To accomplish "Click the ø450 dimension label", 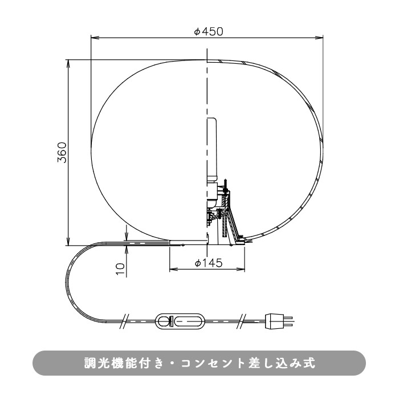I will point(207,31).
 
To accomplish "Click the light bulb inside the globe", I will point(211,149).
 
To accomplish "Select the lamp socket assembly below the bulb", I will point(219,211).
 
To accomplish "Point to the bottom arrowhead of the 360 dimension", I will point(68,242).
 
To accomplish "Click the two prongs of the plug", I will point(290,322).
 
